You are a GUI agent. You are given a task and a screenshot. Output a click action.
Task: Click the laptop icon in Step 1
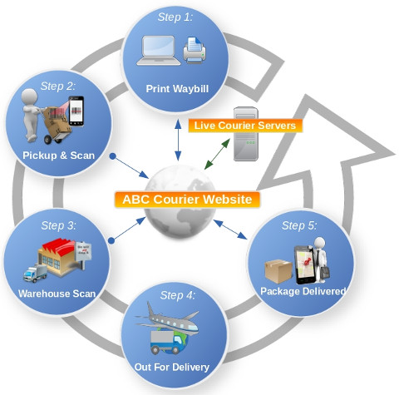click(159, 51)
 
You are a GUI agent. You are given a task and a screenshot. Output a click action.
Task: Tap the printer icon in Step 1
click(195, 51)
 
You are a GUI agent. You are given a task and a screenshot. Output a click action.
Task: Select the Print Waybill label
click(177, 89)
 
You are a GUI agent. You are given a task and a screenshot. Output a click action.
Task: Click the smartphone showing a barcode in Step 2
click(76, 111)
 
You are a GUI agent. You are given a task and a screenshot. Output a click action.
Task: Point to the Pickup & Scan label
click(58, 156)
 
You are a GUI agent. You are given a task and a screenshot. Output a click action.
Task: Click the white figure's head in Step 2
click(29, 96)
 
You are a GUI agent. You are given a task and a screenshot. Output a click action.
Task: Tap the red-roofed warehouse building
click(59, 256)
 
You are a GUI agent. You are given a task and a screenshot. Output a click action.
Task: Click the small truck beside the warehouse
click(35, 274)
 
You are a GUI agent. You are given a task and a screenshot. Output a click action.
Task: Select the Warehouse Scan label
click(57, 294)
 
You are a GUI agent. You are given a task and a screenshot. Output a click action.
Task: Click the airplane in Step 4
click(167, 318)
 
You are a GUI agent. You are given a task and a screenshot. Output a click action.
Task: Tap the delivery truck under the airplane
click(165, 343)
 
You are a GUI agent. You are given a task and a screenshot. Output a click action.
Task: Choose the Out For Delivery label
click(172, 367)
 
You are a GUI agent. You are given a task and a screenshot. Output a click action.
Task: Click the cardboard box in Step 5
click(278, 271)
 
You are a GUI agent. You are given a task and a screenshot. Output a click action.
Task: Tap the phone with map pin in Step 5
click(304, 265)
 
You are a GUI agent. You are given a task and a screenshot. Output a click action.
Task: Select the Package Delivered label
click(303, 291)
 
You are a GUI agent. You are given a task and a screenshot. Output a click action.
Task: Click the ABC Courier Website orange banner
click(187, 200)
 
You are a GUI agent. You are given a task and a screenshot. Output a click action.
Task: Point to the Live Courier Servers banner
click(245, 126)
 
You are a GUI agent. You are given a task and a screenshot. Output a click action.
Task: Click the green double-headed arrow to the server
click(217, 154)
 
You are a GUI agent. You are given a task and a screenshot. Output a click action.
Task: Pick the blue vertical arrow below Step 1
click(178, 140)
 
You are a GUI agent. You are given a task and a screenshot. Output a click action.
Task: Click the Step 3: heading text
click(58, 225)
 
